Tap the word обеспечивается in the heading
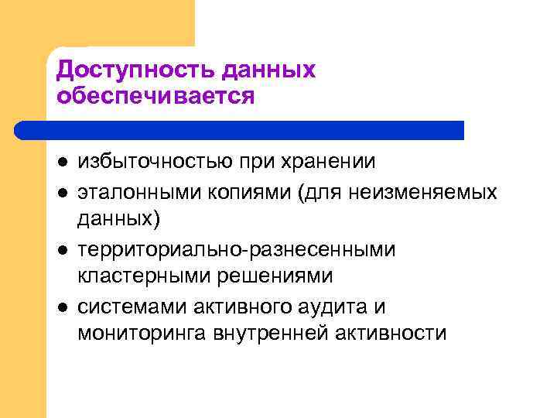[155, 96]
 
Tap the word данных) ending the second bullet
[119, 220]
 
